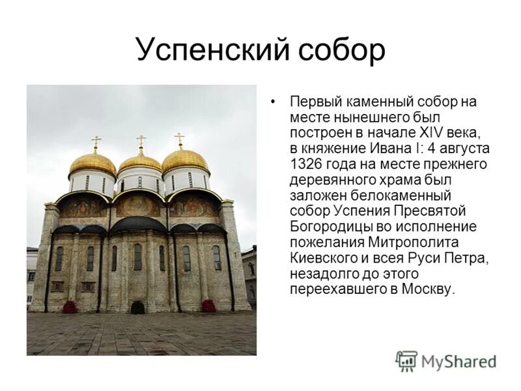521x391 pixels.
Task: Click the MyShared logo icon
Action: point(406,360)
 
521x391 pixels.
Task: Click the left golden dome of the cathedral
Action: point(92,163)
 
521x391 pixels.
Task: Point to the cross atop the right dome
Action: point(180,139)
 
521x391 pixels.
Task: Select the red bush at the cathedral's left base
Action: point(69,306)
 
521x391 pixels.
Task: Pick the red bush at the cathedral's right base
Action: point(208,306)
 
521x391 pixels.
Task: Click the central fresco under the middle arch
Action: point(137,205)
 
